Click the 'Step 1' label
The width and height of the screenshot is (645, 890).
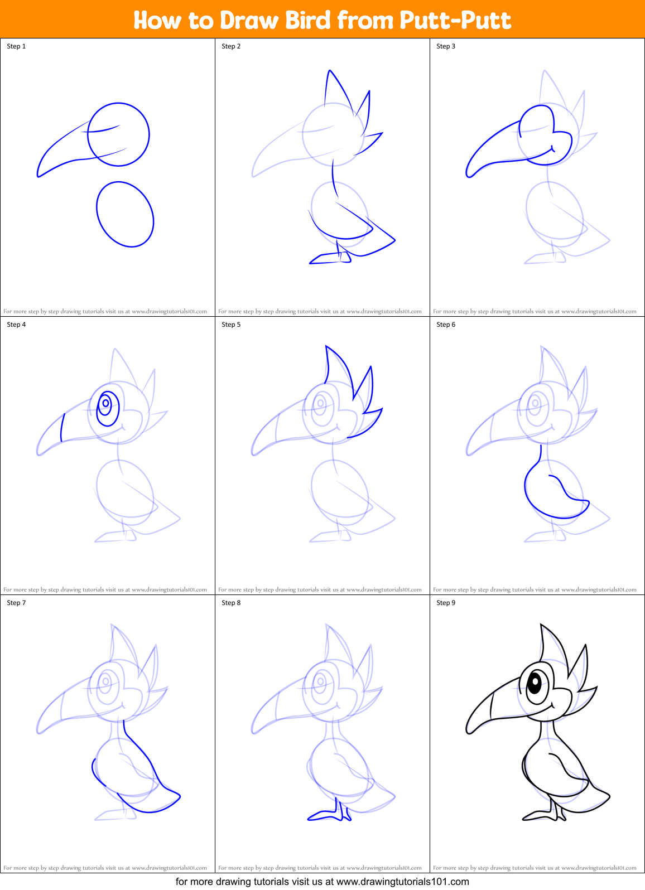(16, 46)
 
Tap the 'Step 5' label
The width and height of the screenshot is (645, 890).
(231, 325)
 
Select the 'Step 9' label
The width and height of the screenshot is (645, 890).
(446, 603)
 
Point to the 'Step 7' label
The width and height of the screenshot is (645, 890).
(16, 603)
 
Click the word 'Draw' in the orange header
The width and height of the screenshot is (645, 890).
(249, 21)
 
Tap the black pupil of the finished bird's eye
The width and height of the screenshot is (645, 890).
(534, 682)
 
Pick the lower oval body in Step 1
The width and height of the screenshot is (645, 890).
(125, 214)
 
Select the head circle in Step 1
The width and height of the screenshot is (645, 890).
(118, 134)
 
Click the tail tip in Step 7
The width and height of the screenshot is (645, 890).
(179, 796)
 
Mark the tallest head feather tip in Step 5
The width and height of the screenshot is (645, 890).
(326, 347)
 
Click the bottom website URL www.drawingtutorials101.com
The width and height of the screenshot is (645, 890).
(402, 882)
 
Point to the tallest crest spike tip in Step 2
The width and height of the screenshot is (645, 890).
(330, 71)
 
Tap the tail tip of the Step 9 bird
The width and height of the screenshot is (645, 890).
(609, 796)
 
